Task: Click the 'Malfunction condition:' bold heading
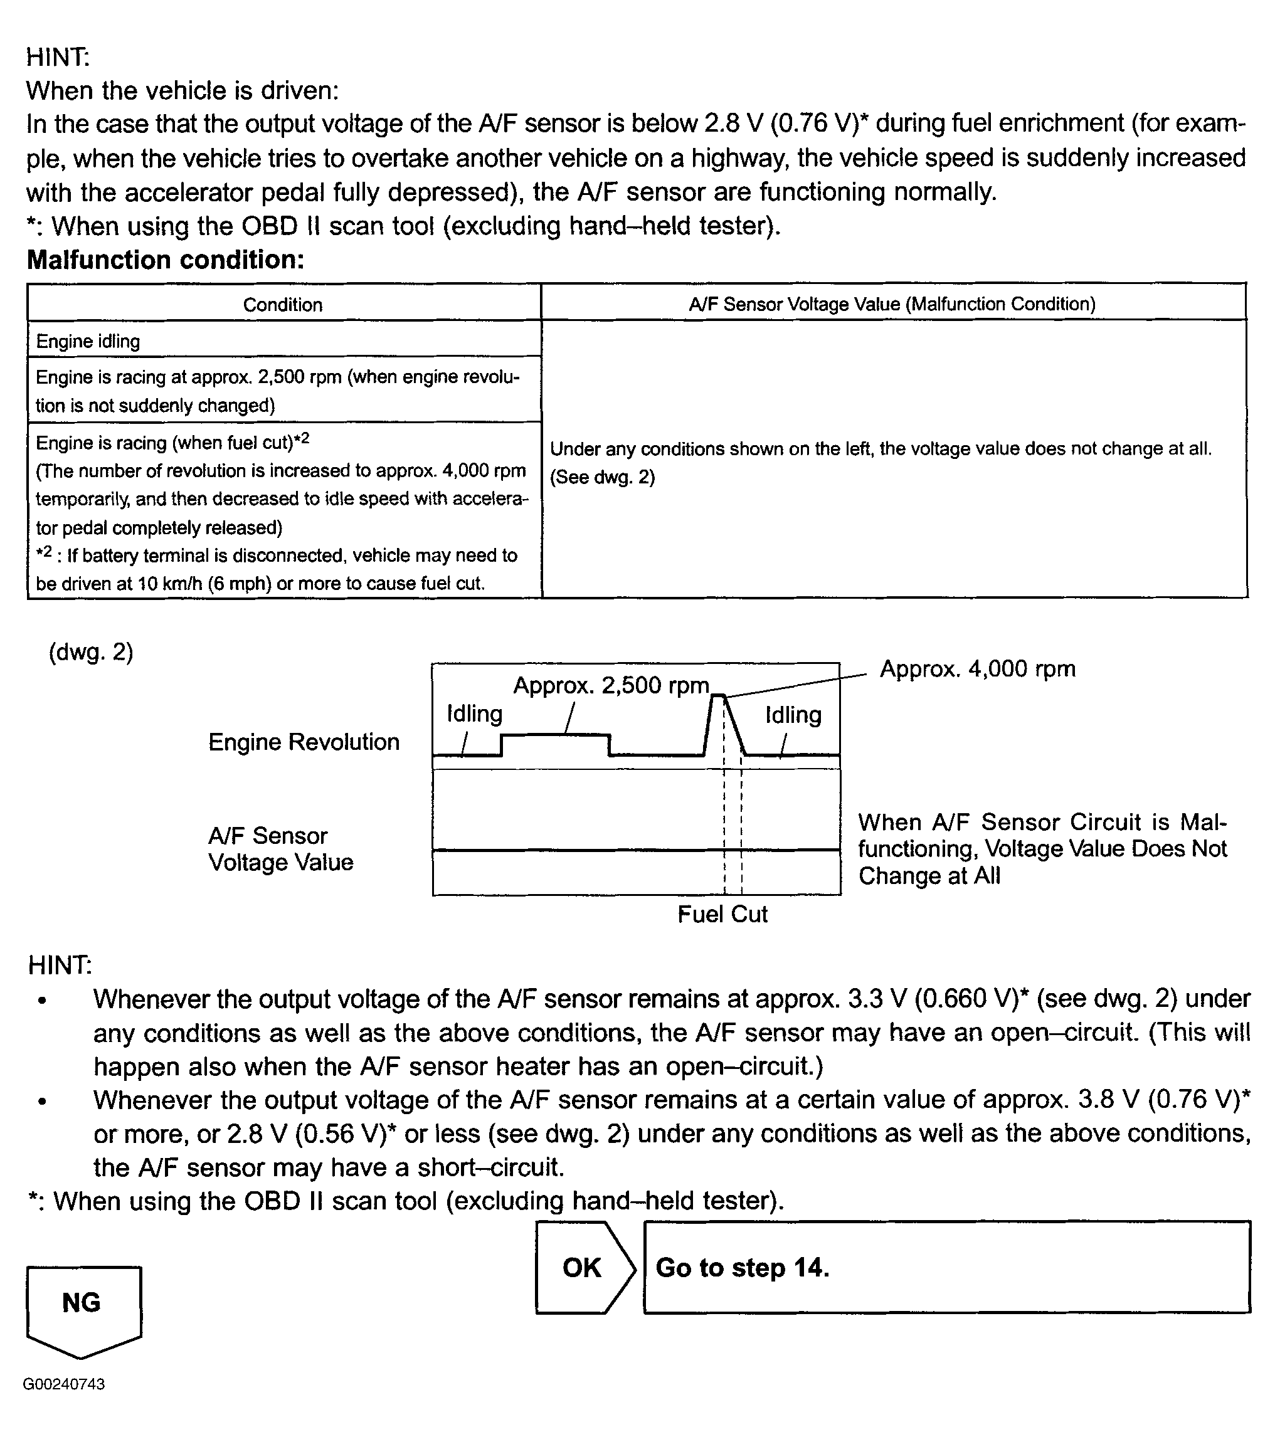coord(166,260)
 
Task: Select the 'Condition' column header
coord(283,305)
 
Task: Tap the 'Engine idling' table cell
coord(88,341)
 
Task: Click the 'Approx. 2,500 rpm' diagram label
coord(610,685)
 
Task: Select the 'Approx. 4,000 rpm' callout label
coord(978,668)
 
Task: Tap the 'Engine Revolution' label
coord(304,742)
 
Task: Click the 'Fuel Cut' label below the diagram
coord(722,913)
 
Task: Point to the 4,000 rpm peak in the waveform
coord(718,696)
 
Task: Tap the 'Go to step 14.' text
coord(742,1268)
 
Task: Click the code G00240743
coord(64,1384)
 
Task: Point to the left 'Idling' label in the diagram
coord(475,713)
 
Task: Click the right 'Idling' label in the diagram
coord(793,714)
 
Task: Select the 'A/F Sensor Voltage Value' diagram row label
coord(280,848)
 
